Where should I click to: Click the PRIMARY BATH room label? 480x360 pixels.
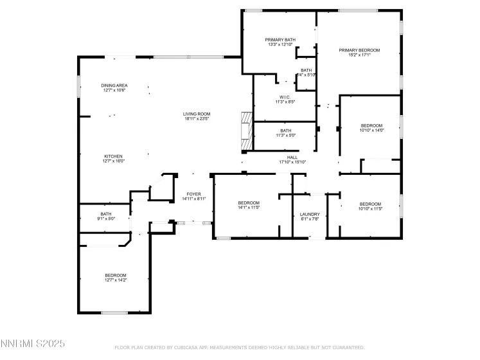point(281,40)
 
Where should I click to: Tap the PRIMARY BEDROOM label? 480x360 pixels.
point(360,50)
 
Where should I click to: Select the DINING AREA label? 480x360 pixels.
point(114,85)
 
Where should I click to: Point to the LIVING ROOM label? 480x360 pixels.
point(197,114)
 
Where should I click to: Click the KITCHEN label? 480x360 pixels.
point(114,156)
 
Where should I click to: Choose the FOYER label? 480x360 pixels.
point(193,194)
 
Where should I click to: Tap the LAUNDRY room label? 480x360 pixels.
point(310,214)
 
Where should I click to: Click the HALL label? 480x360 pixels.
point(292,157)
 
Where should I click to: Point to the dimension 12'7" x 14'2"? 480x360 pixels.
point(116,280)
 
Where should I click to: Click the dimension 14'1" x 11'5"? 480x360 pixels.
point(249,208)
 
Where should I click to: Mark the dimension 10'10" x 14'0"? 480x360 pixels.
point(371,130)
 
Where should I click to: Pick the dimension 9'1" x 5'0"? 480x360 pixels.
point(106,219)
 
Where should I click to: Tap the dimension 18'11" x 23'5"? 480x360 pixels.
point(197,119)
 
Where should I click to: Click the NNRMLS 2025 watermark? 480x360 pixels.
point(33,345)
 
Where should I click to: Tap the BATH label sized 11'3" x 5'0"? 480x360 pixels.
point(285,130)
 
